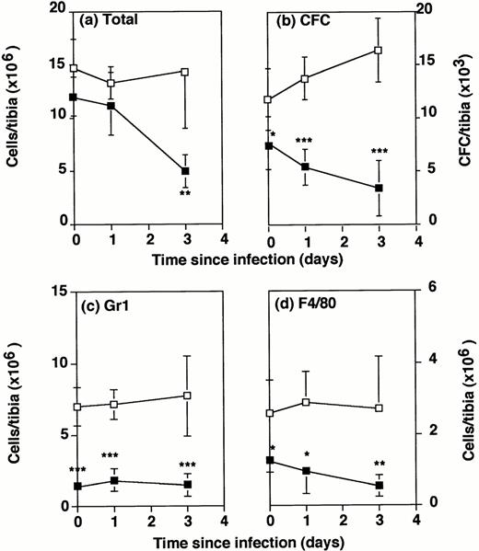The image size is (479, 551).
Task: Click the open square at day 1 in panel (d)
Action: click(x=305, y=402)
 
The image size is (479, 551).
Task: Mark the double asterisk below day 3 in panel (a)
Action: click(x=185, y=195)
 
